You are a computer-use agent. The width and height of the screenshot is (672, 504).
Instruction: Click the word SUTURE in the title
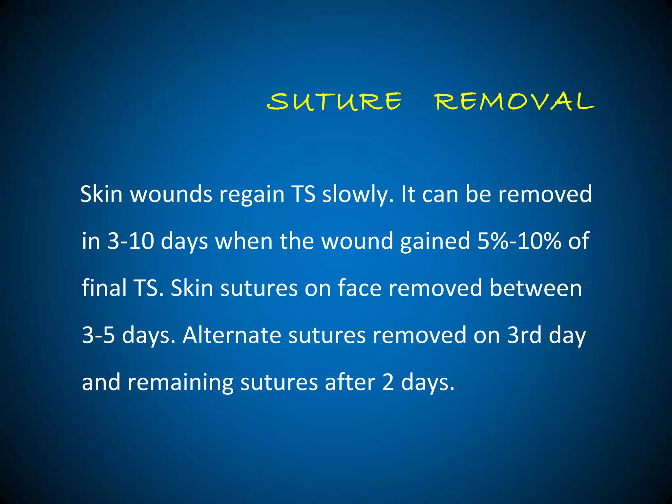tap(334, 101)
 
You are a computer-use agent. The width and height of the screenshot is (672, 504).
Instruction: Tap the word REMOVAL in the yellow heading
tap(514, 101)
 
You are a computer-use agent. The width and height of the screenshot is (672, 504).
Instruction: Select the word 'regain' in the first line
tap(252, 195)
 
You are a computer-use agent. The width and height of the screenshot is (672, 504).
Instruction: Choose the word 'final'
tap(104, 288)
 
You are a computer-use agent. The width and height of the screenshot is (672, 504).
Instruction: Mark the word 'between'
tap(535, 288)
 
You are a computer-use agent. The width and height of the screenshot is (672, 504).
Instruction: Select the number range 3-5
tap(98, 335)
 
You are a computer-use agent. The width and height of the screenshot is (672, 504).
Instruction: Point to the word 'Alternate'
tap(232, 335)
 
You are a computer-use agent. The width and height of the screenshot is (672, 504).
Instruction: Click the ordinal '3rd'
tap(524, 335)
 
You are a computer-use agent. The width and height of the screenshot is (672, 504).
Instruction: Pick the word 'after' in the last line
tap(350, 382)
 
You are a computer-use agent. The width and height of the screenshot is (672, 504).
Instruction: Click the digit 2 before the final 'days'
tap(388, 382)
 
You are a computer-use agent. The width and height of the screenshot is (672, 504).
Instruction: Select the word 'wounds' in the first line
tap(171, 195)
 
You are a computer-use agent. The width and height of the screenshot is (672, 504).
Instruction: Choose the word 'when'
tap(244, 241)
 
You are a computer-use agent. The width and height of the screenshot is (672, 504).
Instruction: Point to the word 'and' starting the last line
tap(101, 382)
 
